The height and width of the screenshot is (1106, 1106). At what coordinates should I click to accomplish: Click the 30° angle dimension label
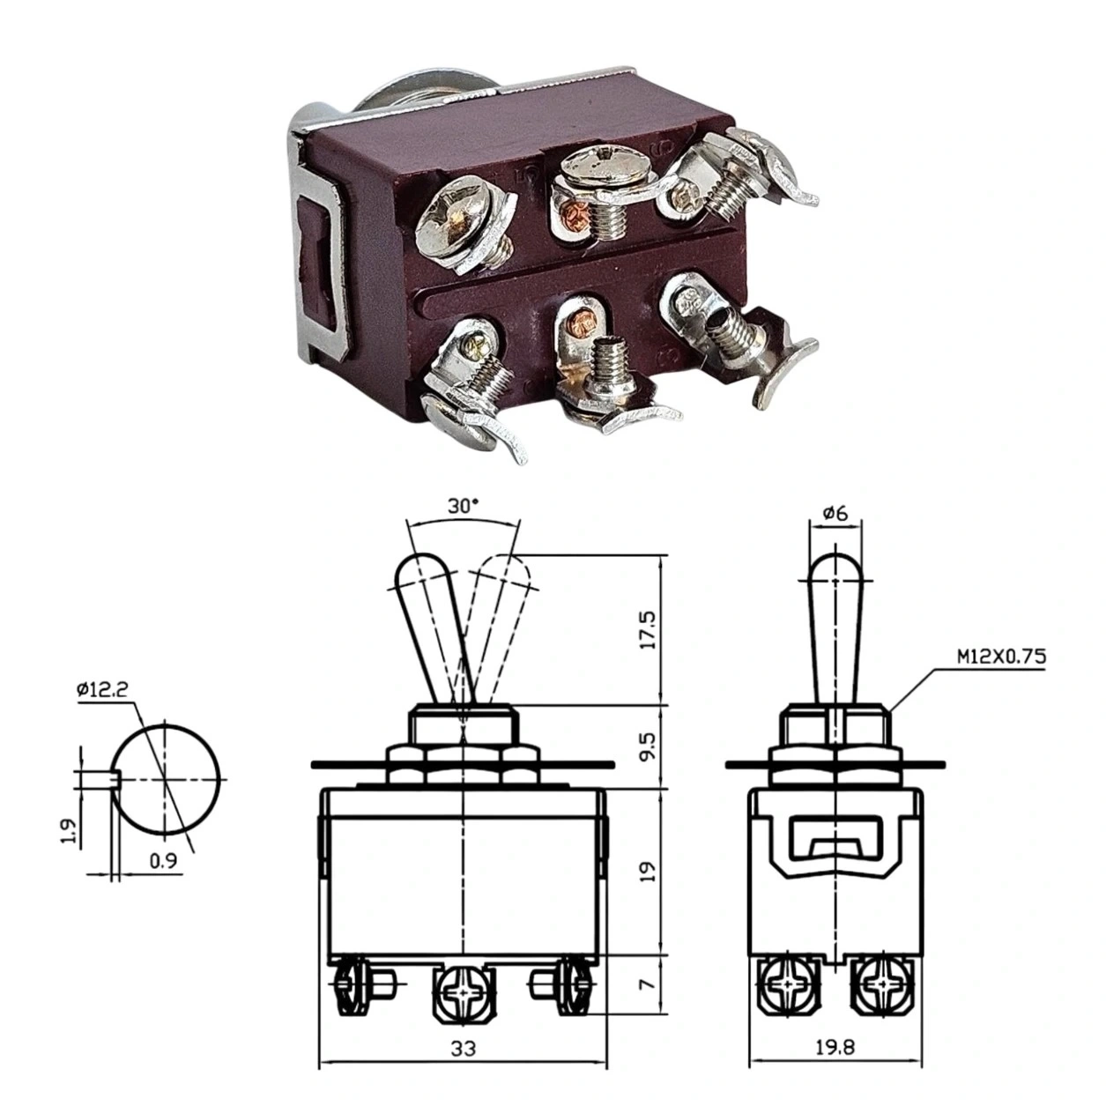(x=463, y=506)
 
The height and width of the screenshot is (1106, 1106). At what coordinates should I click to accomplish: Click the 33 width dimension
(x=463, y=1049)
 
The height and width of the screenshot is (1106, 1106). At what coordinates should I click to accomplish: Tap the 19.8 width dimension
(x=835, y=1049)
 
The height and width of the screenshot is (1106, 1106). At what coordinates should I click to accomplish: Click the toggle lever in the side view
(x=834, y=626)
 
